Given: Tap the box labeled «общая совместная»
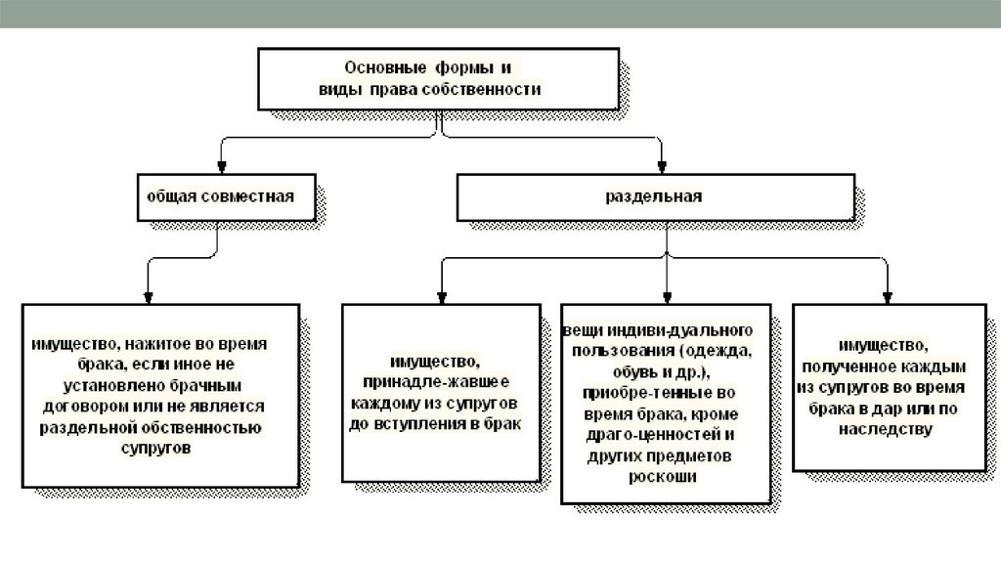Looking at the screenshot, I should [220, 195].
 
